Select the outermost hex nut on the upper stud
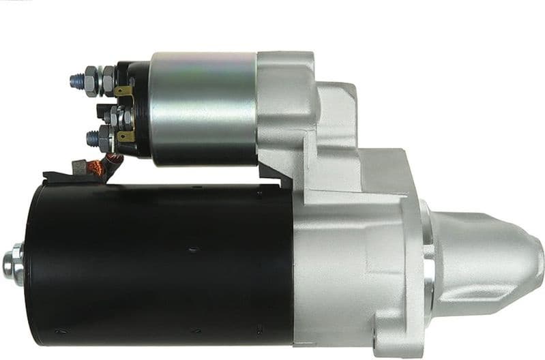pos(89,80)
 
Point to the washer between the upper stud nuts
pos(99,80)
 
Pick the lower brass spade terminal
pos(126,136)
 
